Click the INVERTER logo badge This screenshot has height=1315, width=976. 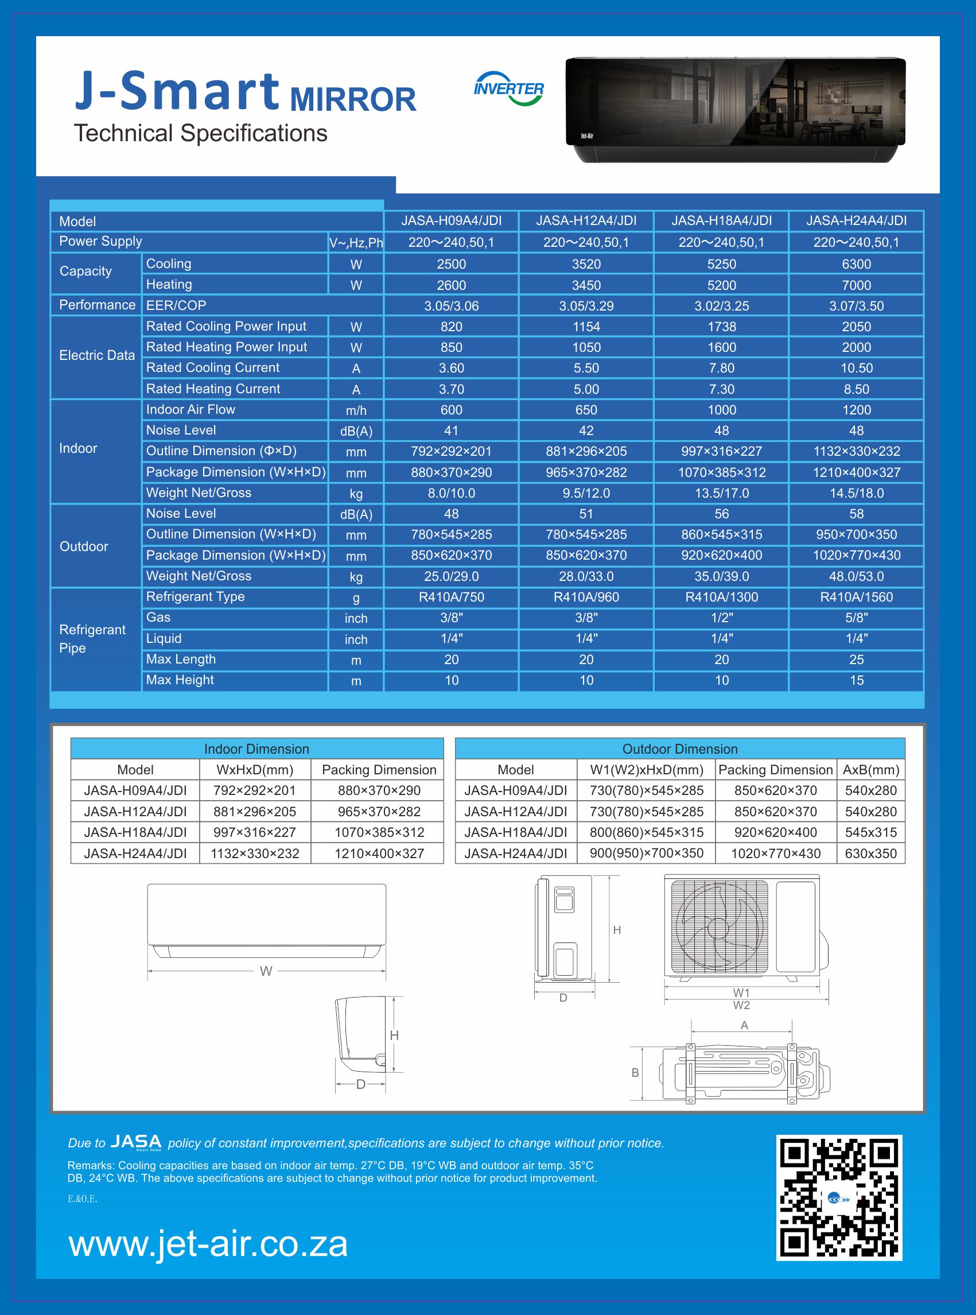click(x=509, y=88)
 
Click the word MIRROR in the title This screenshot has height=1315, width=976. click(x=353, y=99)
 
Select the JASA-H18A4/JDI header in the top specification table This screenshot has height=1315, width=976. click(x=721, y=221)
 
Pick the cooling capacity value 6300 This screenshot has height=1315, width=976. click(x=856, y=264)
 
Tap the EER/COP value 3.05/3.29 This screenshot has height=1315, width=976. click(x=586, y=306)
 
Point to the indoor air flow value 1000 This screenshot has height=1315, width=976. click(x=721, y=410)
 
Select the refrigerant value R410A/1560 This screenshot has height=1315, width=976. click(x=856, y=597)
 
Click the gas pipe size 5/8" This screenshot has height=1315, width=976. click(x=856, y=618)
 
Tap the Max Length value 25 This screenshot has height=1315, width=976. click(x=856, y=660)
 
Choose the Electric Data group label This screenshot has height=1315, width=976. click(x=97, y=355)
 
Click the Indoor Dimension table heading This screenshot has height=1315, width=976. click(x=256, y=749)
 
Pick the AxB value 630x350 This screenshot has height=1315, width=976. click(x=871, y=854)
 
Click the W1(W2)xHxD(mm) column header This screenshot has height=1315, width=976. click(x=646, y=770)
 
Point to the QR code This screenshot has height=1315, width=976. click(x=839, y=1197)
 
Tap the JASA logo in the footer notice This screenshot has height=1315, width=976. click(x=136, y=1141)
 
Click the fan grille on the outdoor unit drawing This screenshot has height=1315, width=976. click(x=720, y=926)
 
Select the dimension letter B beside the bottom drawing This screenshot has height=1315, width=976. click(x=635, y=1073)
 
